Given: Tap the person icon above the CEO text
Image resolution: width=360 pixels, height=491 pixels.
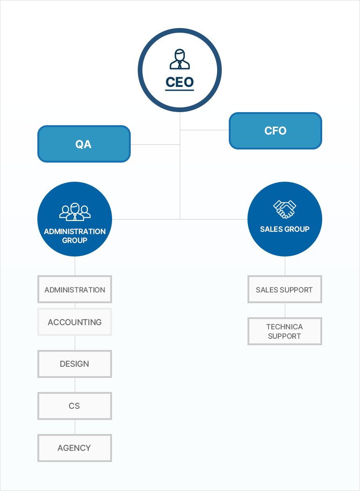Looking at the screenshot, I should point(180,59).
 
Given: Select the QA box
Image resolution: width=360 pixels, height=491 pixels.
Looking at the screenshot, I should point(84,144).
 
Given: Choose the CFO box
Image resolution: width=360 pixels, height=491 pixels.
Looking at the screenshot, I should point(275,131).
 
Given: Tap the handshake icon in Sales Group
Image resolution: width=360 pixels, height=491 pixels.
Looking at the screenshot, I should point(284,209).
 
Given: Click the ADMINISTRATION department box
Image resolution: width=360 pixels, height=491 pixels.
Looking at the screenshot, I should point(75,290).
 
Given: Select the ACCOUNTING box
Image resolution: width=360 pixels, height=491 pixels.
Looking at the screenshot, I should point(75,322).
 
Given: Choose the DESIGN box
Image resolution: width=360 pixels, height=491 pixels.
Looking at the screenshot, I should point(75,364).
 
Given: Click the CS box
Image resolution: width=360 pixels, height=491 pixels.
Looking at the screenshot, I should point(75,406).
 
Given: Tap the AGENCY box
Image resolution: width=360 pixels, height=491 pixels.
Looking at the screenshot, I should point(75,448).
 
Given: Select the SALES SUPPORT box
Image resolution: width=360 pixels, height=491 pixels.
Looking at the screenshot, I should point(284,290).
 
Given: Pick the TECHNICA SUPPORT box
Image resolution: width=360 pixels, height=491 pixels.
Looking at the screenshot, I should point(284,331).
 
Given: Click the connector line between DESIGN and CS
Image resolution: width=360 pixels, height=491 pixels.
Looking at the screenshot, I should point(75,385).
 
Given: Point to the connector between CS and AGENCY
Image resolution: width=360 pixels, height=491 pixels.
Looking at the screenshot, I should point(75,427).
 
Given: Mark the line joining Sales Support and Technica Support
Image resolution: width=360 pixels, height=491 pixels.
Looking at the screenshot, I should point(285,310).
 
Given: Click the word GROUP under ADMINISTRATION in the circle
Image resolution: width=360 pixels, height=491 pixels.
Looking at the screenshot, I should point(75,241).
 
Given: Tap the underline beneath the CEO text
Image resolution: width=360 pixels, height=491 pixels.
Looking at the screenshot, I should point(180,90).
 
